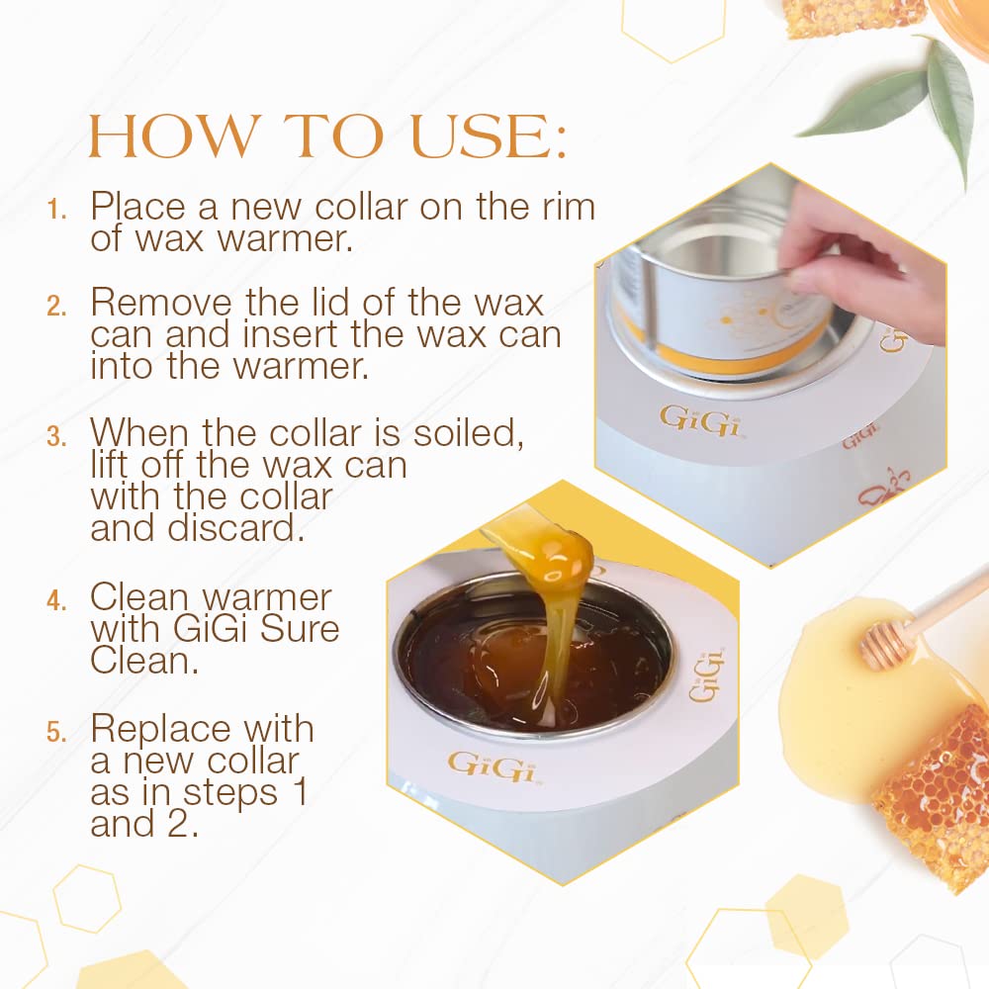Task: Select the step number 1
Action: pos(57,211)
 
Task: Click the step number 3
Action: pos(56,436)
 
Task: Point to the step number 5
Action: pos(56,733)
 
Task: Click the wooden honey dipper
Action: pos(910,628)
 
